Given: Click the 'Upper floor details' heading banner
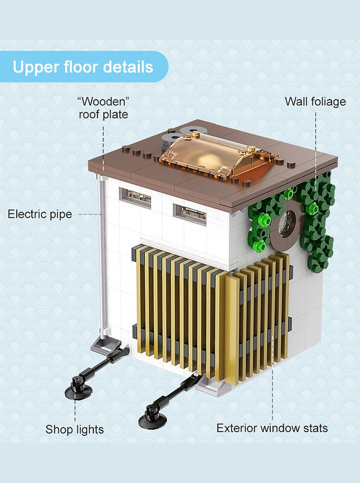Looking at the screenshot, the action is (84, 67).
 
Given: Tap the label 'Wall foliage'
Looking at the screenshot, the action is (315, 102).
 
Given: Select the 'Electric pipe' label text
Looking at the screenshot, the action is (40, 214).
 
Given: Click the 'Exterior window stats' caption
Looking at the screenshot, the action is (272, 428).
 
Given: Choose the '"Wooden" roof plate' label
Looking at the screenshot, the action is (104, 108).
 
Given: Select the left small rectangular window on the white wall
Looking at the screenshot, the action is (135, 198).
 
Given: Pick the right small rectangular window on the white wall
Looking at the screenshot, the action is (190, 214).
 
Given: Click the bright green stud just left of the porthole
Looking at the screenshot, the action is (265, 221).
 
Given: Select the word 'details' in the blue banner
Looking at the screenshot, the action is (128, 67).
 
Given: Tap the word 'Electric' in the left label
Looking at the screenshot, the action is (26, 214).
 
